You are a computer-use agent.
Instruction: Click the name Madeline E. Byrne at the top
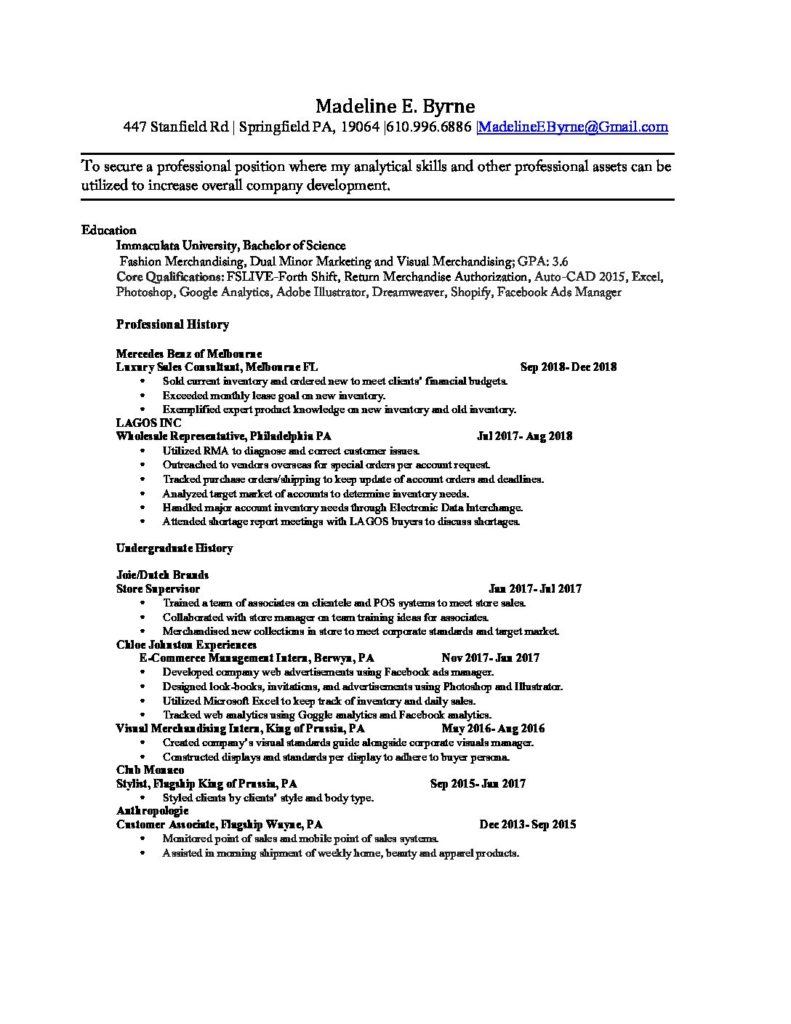click(x=395, y=106)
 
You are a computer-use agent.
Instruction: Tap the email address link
click(x=574, y=127)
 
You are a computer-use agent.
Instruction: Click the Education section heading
click(x=109, y=230)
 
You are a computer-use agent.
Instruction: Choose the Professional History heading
click(x=172, y=324)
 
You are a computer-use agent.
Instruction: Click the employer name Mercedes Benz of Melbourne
click(x=189, y=354)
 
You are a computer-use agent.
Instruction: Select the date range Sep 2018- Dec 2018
click(x=568, y=367)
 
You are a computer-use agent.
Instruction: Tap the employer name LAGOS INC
click(x=149, y=423)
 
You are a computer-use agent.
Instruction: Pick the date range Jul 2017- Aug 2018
click(x=525, y=437)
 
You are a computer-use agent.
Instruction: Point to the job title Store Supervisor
click(x=158, y=590)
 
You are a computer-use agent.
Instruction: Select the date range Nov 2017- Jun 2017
click(x=490, y=658)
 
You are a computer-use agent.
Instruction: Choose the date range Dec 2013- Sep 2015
click(x=527, y=825)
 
